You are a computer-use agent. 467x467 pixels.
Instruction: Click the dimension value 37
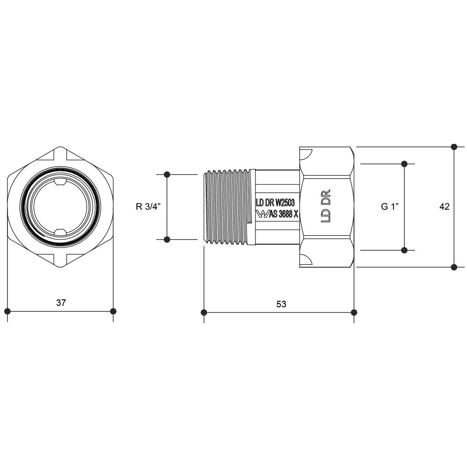pyautogui.click(x=61, y=303)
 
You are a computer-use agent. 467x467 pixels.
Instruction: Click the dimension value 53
pyautogui.click(x=281, y=304)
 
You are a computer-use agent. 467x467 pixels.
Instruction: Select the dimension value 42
pyautogui.click(x=445, y=206)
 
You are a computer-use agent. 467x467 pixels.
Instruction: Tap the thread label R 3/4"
pyautogui.click(x=149, y=206)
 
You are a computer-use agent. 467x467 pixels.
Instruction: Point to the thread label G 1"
pyautogui.click(x=390, y=206)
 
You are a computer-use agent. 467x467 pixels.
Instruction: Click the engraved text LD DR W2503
pyautogui.click(x=276, y=203)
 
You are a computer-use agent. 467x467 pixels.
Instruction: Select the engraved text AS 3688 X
pyautogui.click(x=283, y=214)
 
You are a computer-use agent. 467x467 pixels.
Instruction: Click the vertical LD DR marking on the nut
pyautogui.click(x=326, y=206)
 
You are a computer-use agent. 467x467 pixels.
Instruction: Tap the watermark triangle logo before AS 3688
pyautogui.click(x=262, y=214)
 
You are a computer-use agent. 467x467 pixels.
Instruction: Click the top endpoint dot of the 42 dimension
pyautogui.click(x=454, y=147)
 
